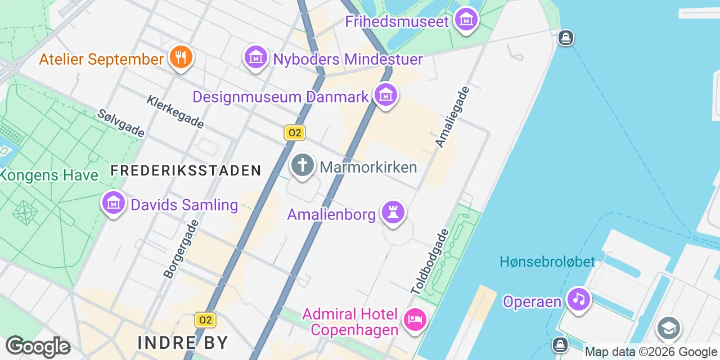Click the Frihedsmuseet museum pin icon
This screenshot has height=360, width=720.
tap(466, 21)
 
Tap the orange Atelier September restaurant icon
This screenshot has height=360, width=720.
tap(181, 58)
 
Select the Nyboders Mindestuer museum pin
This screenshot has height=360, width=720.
tap(256, 58)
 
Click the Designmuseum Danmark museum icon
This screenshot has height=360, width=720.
tap(386, 96)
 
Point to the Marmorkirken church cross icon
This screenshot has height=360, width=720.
tap(303, 166)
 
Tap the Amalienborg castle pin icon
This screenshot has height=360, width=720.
tap(393, 213)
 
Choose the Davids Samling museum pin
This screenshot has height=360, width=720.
tap(114, 203)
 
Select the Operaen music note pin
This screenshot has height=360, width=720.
tap(578, 299)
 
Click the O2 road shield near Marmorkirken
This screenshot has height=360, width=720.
tap(294, 133)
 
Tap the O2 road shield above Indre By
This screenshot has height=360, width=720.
tap(205, 321)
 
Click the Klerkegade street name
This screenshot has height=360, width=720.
tap(175, 111)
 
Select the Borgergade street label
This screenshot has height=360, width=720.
tap(181, 249)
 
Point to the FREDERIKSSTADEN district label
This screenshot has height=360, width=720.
tap(186, 170)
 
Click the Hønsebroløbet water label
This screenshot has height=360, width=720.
tap(547, 262)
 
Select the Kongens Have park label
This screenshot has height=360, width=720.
tap(48, 175)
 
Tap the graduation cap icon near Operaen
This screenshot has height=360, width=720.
tap(668, 328)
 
